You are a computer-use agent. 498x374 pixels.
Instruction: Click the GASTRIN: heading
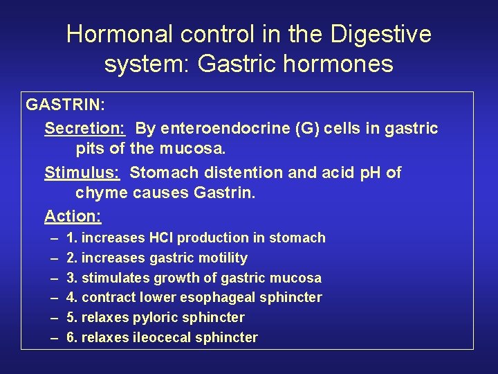66,105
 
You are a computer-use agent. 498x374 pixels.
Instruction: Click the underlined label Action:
73,216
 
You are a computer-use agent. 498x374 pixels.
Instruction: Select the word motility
223,258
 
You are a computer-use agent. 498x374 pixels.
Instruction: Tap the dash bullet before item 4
54,298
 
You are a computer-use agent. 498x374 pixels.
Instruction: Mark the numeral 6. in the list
71,338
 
